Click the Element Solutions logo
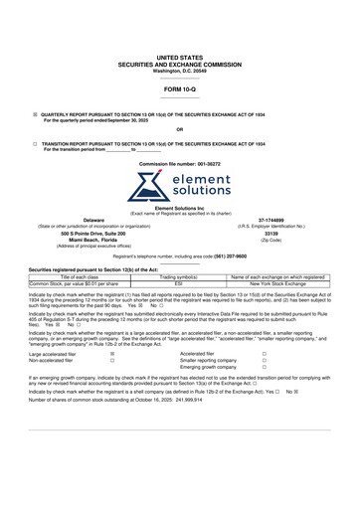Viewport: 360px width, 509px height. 180,185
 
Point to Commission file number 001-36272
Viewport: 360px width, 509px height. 180,161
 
